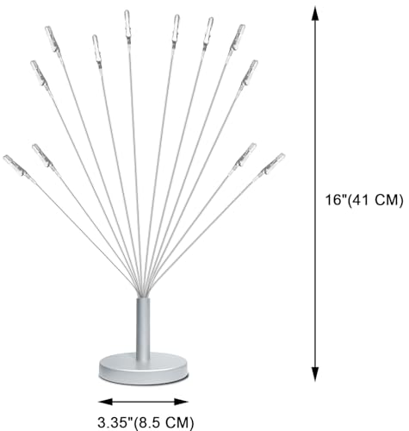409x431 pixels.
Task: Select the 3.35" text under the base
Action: [115, 422]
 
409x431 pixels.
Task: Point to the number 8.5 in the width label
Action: [150, 422]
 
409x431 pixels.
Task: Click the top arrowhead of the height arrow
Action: [315, 14]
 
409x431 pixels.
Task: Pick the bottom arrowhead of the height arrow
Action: [315, 374]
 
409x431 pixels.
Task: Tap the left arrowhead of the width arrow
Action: [105, 402]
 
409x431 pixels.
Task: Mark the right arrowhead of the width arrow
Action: [181, 402]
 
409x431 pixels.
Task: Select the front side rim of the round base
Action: [144, 377]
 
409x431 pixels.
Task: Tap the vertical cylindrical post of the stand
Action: [143, 329]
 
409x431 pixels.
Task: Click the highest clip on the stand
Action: [127, 25]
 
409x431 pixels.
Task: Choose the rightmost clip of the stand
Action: [271, 166]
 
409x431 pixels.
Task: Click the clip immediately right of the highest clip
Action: [176, 28]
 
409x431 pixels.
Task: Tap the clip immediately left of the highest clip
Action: [96, 49]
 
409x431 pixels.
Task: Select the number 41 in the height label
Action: [361, 200]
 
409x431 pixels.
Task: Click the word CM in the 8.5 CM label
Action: [177, 422]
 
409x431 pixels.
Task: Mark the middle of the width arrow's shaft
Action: [143, 402]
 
